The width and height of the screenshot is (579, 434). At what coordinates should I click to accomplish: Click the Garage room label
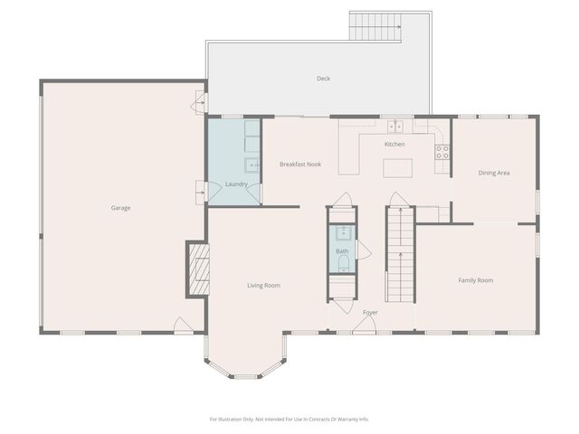click(x=120, y=208)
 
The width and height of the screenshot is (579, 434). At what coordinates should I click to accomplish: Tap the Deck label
click(x=323, y=79)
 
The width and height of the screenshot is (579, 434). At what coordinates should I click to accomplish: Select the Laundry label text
click(x=236, y=184)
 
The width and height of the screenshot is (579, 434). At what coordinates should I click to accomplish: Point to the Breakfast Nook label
click(x=300, y=165)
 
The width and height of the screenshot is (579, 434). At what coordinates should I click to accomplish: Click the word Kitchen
click(x=394, y=145)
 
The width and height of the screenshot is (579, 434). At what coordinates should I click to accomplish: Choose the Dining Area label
click(x=494, y=173)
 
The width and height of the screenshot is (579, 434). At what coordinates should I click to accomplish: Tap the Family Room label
click(x=475, y=280)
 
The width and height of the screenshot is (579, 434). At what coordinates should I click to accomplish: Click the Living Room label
click(x=263, y=286)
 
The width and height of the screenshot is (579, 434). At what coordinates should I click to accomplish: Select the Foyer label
click(x=370, y=312)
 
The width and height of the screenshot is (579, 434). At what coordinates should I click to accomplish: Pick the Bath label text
click(x=342, y=251)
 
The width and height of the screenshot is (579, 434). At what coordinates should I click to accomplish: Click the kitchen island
click(x=397, y=167)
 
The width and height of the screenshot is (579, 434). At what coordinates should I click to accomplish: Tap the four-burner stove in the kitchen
click(x=442, y=152)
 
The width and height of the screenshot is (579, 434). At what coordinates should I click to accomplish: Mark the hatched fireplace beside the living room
click(x=199, y=269)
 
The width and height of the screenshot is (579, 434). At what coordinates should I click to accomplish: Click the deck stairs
click(x=375, y=27)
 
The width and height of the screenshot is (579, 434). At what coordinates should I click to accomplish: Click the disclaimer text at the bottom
click(x=289, y=419)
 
